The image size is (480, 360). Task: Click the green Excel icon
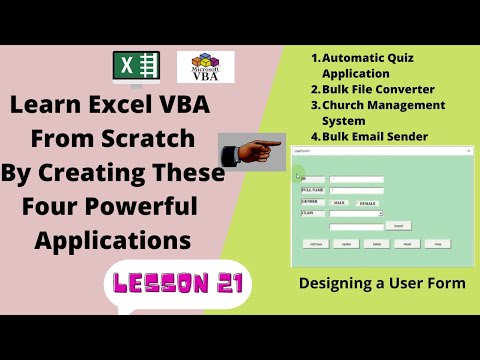[x=136, y=68]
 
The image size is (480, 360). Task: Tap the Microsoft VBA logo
[x=205, y=67]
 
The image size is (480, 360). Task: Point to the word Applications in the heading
[x=113, y=240]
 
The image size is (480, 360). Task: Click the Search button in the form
[x=398, y=226]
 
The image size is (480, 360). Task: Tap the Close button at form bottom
[x=437, y=243]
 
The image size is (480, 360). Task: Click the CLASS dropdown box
[x=356, y=213]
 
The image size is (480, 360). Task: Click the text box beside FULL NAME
[x=357, y=189]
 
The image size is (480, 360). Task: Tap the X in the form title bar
[x=469, y=150]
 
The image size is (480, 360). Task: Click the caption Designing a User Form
[x=382, y=284]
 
